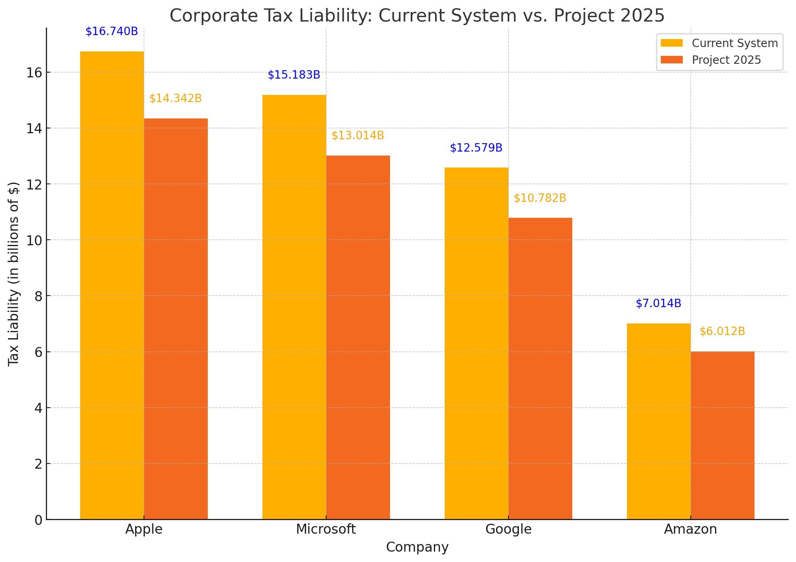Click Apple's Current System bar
[112, 285]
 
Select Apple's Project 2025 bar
[175, 319]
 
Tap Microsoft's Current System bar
[294, 307]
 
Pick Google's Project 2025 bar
[540, 369]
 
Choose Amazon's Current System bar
[658, 421]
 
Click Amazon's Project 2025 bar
[722, 435]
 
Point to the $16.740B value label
[112, 32]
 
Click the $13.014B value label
[358, 136]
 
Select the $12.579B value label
[476, 148]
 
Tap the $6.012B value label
[722, 331]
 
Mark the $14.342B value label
[175, 99]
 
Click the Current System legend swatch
[672, 43]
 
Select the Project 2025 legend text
[726, 60]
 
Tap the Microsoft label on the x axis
[326, 529]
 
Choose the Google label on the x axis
[508, 529]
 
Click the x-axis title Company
[417, 547]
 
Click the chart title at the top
[417, 16]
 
